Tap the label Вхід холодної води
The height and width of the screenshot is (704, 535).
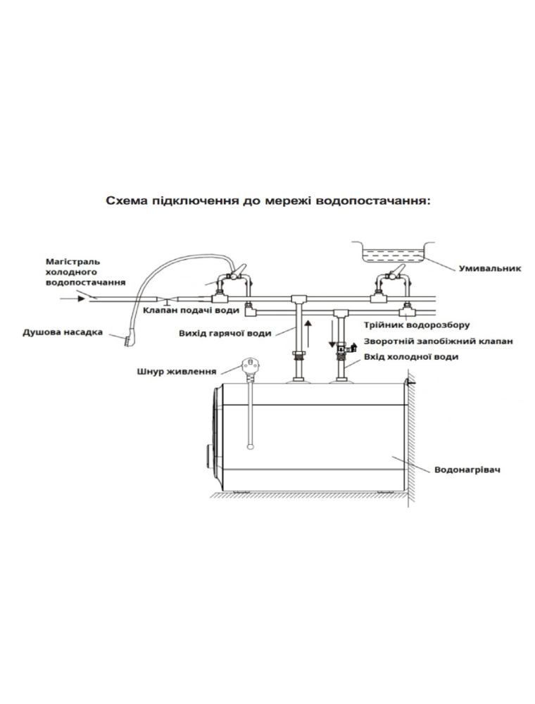(411, 357)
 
